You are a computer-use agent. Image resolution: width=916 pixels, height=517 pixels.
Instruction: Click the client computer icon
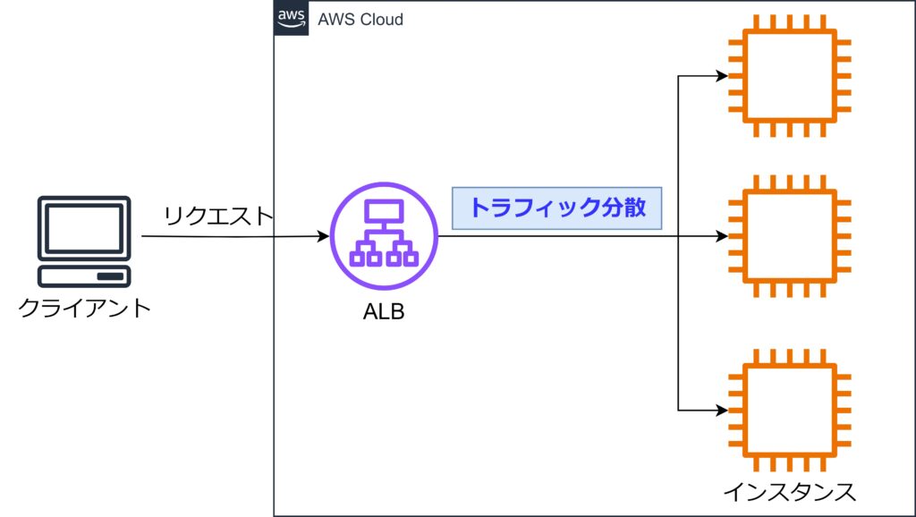[x=84, y=241]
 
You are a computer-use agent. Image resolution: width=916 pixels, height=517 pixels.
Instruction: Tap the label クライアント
[x=84, y=309]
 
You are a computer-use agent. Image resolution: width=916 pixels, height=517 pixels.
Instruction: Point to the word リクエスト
[x=216, y=215]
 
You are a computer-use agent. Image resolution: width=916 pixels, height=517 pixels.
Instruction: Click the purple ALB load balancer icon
[x=385, y=238]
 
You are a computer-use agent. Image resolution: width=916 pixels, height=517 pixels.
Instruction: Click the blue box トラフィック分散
[x=557, y=208]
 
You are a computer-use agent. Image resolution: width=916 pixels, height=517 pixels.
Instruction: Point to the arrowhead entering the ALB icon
[x=323, y=237]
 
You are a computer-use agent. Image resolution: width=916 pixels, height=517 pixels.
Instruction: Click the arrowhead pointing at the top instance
[x=722, y=76]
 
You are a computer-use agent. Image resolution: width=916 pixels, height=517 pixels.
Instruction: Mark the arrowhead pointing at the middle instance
[x=722, y=237]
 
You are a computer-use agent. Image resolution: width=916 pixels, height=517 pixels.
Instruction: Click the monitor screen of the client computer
[x=84, y=227]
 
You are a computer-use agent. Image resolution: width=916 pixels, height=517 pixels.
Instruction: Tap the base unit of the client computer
[x=84, y=275]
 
